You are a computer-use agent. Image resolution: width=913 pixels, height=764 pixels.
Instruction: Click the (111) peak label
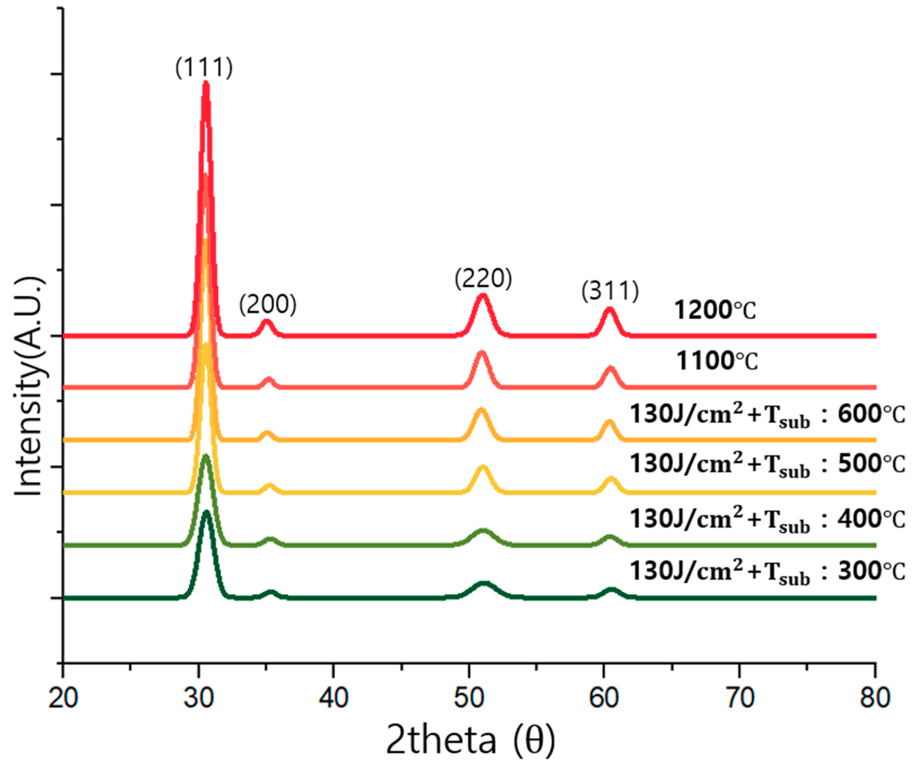coord(204,68)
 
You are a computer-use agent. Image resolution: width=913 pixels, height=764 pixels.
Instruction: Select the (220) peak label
coord(483,279)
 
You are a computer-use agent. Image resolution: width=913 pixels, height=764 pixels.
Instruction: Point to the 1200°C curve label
coord(715,311)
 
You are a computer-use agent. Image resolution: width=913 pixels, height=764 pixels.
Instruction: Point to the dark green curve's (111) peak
coord(206,513)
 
